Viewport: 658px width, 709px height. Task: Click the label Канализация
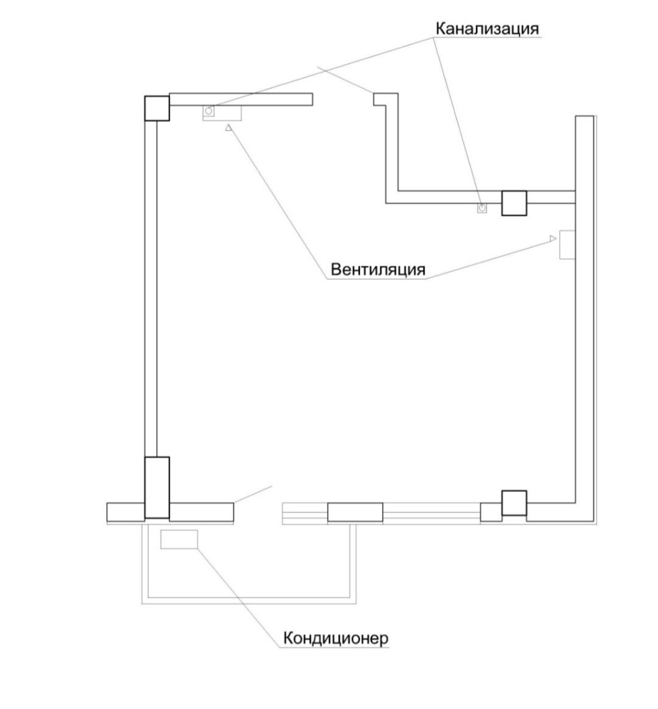[487, 29]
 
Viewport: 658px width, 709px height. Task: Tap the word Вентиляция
[378, 269]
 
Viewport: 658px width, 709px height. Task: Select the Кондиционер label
[335, 639]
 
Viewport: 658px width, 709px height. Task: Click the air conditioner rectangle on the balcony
[179, 539]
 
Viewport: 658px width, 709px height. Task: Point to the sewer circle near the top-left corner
[209, 111]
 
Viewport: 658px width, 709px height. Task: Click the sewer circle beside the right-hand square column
[482, 207]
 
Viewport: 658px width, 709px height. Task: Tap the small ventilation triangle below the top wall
[229, 128]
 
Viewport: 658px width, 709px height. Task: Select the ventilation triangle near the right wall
[553, 238]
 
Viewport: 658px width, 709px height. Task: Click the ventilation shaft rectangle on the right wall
[567, 244]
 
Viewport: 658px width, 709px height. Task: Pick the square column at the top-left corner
[157, 108]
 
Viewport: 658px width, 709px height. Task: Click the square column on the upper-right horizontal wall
[514, 203]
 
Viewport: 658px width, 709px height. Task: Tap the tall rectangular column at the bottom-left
[157, 487]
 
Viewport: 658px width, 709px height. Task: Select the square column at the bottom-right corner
[514, 503]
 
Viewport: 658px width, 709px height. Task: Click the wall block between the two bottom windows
[355, 512]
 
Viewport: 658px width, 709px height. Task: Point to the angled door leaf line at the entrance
[253, 494]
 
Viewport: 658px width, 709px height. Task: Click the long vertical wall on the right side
[584, 319]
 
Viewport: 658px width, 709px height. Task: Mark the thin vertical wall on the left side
[151, 288]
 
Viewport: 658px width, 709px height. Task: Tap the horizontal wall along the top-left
[241, 99]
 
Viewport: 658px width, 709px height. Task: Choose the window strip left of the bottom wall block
[305, 513]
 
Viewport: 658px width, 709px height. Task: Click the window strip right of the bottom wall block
[432, 513]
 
